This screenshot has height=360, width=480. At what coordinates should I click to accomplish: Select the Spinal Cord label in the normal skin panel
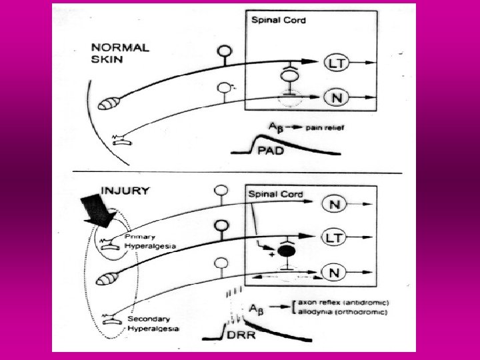tap(279, 20)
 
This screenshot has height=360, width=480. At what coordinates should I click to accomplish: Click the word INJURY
tap(125, 191)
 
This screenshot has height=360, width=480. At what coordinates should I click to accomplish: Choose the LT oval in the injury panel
tap(336, 236)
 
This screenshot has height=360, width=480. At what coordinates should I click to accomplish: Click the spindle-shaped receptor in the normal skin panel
tap(111, 105)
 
